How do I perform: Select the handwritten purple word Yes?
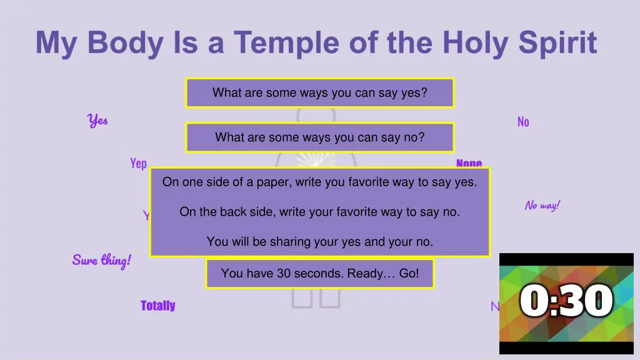(97, 120)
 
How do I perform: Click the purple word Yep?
(138, 163)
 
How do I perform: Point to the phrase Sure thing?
(101, 260)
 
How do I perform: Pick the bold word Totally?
(157, 306)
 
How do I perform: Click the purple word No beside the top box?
(523, 122)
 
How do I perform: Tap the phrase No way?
(542, 205)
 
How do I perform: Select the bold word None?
(469, 163)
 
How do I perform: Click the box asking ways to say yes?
(319, 93)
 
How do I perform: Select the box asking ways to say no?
(319, 137)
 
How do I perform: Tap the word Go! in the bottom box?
(408, 273)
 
